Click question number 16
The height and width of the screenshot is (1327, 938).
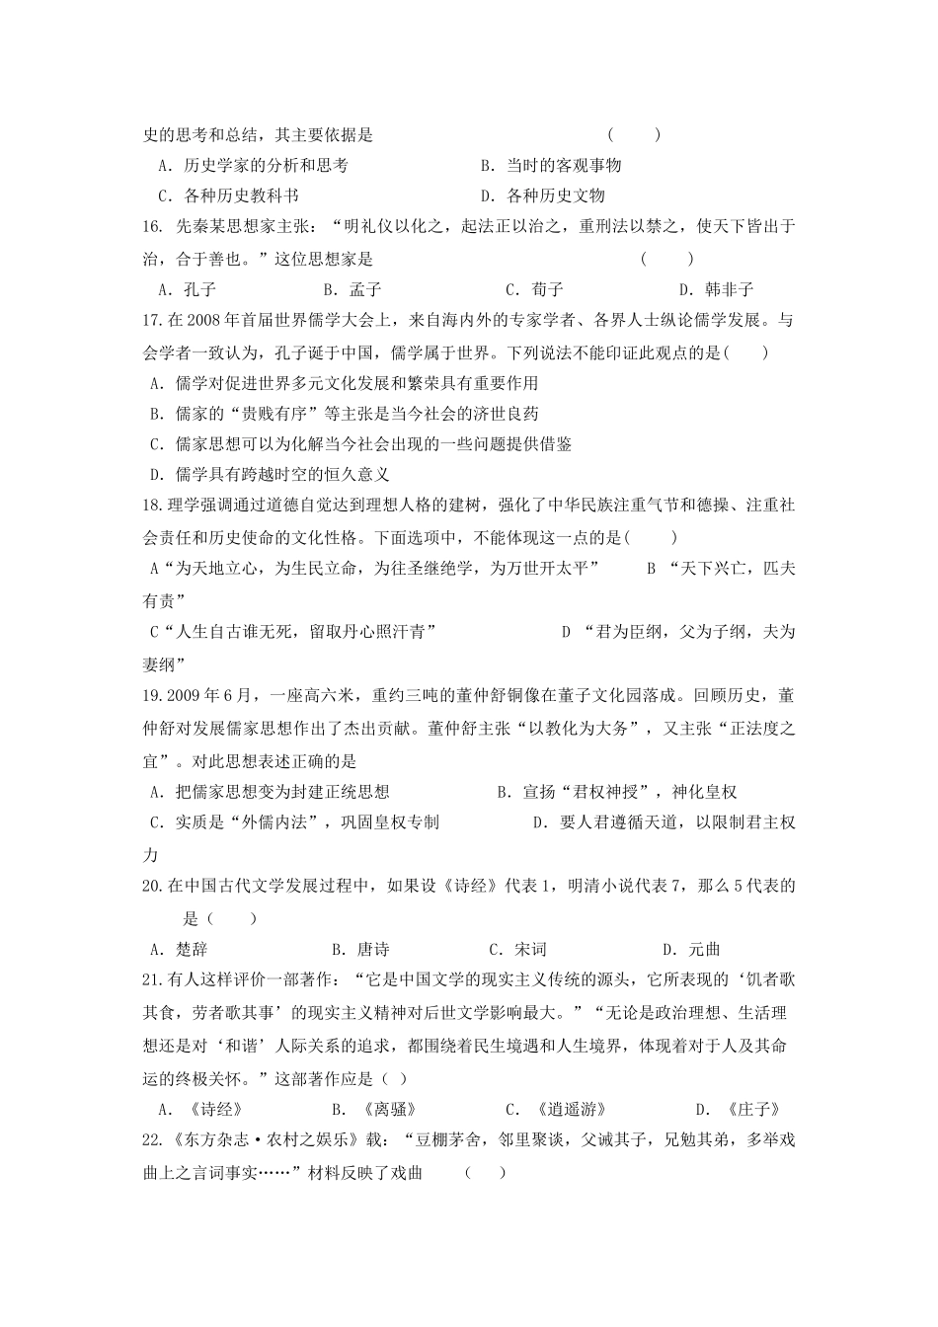coord(152,227)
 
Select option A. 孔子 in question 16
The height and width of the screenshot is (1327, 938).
coord(187,289)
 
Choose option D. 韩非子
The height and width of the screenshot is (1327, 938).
coord(716,289)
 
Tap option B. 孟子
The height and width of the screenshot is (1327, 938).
coord(352,289)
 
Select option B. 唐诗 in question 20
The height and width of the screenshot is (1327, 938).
coord(359,950)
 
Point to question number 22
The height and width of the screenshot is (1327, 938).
coord(152,1140)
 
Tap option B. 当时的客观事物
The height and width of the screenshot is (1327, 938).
coord(550,166)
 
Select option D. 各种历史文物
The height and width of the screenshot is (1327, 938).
coord(542,195)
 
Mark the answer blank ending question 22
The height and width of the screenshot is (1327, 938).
coord(485,1173)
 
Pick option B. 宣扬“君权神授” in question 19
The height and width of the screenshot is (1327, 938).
coord(617,792)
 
